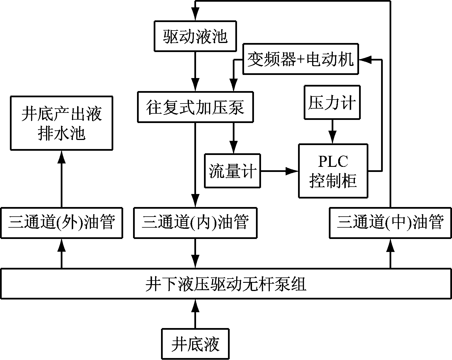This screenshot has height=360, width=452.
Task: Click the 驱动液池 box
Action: [195, 36]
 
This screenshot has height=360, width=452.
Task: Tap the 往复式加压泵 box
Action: [195, 107]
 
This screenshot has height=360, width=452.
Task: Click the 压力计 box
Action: [332, 102]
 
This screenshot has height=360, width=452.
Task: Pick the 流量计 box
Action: [232, 171]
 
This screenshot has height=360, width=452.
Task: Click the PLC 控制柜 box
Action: [333, 171]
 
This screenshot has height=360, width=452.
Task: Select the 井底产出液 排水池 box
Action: [61, 123]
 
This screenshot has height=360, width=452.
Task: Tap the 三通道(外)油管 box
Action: [61, 223]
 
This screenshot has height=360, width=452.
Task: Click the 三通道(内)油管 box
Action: [195, 223]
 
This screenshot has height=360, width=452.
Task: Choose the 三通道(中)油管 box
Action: [390, 223]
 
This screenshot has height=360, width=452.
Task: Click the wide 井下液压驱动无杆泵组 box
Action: [226, 284]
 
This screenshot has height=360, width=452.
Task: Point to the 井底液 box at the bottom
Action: [195, 344]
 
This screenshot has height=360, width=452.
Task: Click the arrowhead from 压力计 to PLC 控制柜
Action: [332, 138]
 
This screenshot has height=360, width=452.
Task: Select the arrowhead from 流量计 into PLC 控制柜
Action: [293, 171]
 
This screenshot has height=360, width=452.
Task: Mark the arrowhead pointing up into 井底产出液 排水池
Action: [61, 156]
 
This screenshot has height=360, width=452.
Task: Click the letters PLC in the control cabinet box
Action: [333, 162]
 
